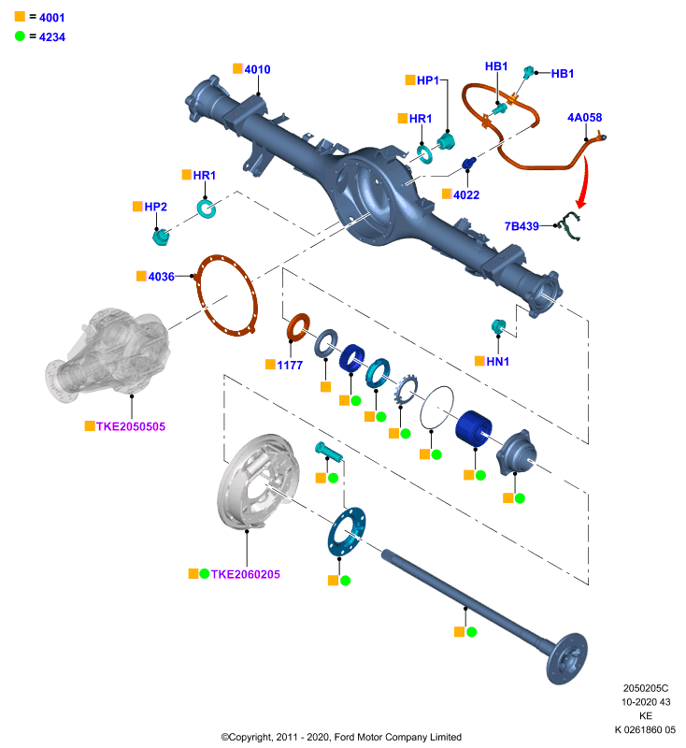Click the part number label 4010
(257, 69)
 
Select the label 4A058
(584, 118)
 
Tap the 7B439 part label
(522, 226)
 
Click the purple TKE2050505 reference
(131, 426)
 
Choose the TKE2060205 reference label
(246, 574)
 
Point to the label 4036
(161, 277)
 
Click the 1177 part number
(290, 366)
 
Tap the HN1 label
(498, 362)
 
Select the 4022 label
(466, 195)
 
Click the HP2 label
(155, 207)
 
